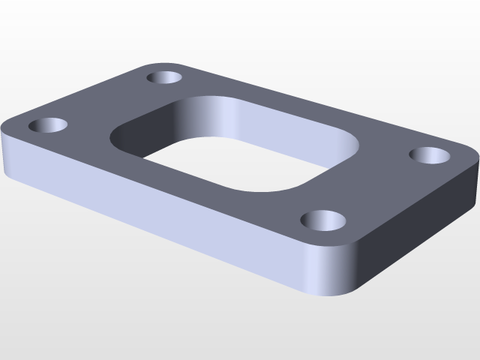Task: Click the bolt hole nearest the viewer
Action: (x=324, y=220)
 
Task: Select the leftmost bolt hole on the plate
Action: (x=48, y=125)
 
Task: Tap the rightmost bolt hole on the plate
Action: (x=430, y=155)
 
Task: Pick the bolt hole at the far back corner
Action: (x=166, y=76)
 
